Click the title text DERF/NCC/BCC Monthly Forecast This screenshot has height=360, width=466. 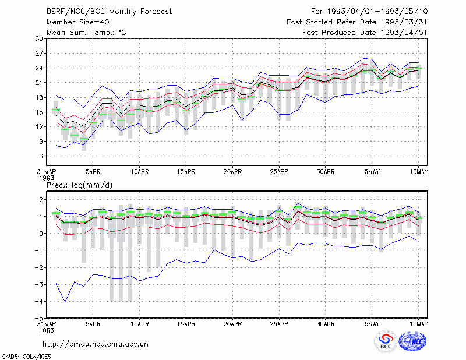[109, 12]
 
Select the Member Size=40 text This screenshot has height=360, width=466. [78, 22]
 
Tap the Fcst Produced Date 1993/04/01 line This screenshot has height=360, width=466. [365, 33]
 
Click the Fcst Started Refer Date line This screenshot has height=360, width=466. [357, 22]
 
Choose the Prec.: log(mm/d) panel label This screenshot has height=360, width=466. [79, 185]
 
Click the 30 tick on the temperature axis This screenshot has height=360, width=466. [40, 39]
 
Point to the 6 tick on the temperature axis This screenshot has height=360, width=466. [41, 156]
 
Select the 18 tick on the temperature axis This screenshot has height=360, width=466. [40, 97]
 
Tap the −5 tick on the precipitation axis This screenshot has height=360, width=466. [39, 319]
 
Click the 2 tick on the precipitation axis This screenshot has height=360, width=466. [41, 200]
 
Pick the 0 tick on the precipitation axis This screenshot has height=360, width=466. [41, 234]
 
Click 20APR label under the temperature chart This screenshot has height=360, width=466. [232, 172]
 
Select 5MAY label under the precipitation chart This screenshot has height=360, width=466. [372, 324]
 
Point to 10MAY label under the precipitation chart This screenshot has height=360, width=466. [418, 324]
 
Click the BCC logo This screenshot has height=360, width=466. [386, 341]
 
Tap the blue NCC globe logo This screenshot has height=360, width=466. [412, 341]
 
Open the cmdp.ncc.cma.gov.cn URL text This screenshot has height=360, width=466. [96, 344]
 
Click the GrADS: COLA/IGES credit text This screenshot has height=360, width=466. [26, 357]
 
